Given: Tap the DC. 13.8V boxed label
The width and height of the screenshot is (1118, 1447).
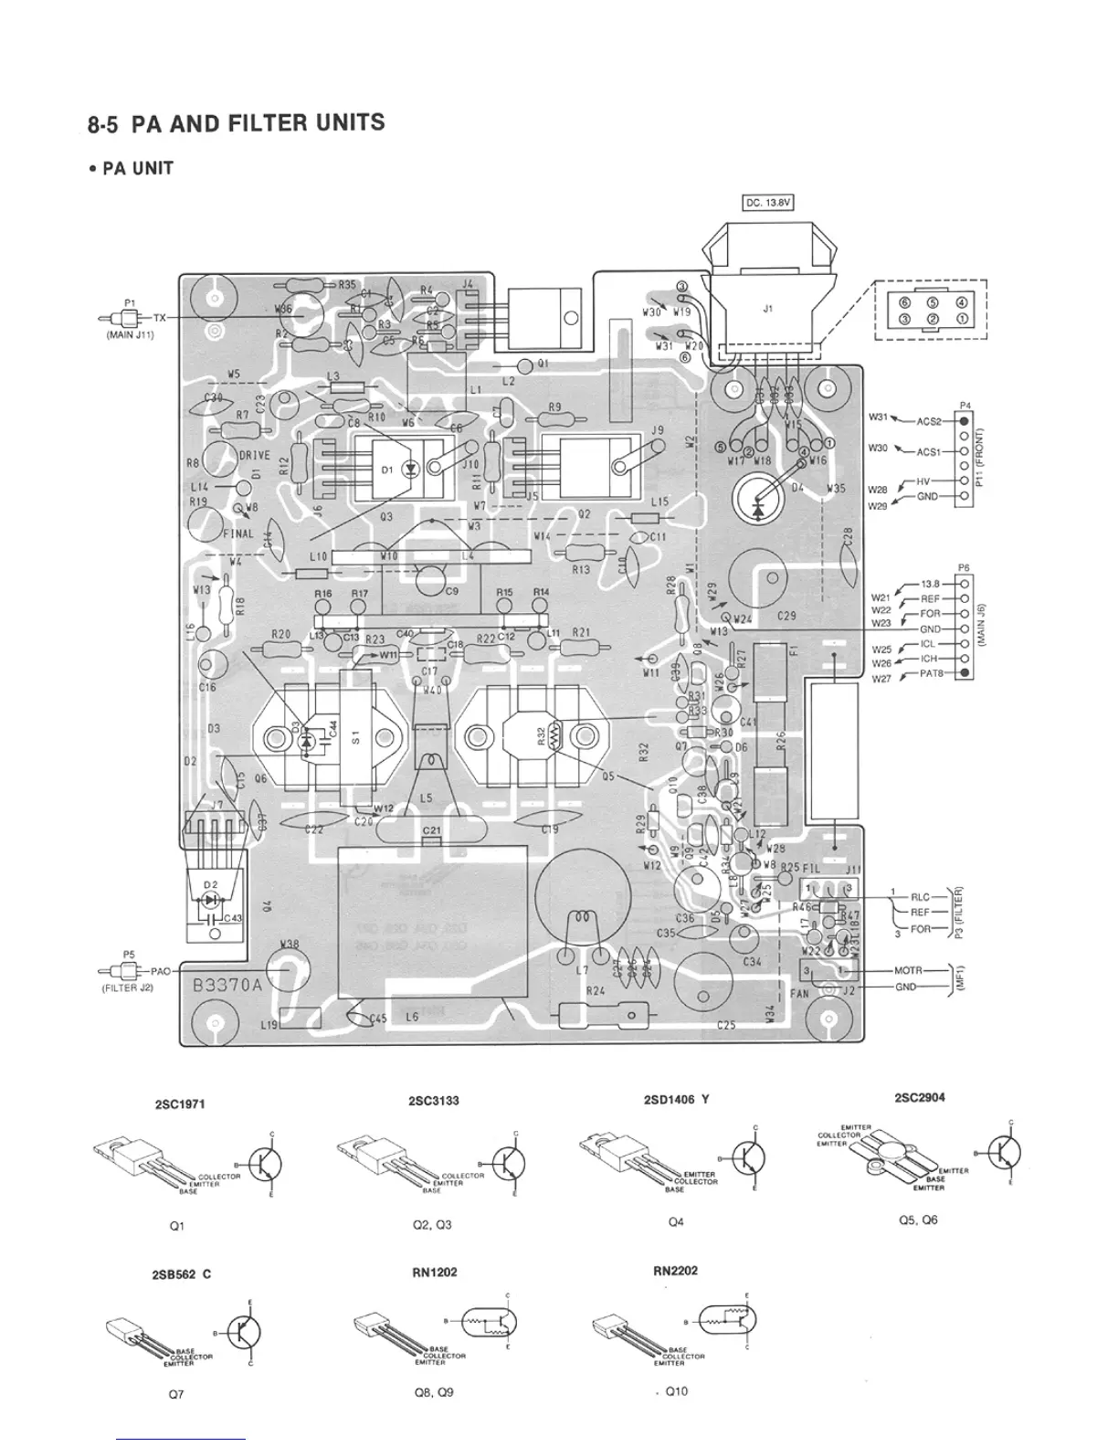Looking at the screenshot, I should point(767,204).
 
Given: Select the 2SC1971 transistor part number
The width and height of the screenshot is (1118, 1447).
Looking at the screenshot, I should point(181,1104).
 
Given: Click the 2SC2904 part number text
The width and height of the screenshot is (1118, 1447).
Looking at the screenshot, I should point(920,1097).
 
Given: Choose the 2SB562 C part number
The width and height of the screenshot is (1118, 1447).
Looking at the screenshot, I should point(181,1273).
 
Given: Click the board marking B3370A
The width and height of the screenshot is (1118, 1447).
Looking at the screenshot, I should point(227,986).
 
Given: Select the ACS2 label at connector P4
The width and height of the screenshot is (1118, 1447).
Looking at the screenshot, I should point(928,422).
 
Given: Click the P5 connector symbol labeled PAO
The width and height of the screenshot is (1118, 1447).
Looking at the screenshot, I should point(127,970).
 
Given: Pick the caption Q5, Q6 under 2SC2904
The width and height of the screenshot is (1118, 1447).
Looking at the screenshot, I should point(918,1220).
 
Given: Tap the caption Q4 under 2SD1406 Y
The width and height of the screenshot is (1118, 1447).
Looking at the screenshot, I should point(676,1221).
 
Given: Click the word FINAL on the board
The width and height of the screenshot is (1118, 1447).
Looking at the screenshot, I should point(238,534).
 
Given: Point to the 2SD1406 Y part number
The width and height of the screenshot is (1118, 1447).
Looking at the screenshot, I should point(676,1100).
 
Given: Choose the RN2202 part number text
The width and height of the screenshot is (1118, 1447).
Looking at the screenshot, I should point(675,1270).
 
